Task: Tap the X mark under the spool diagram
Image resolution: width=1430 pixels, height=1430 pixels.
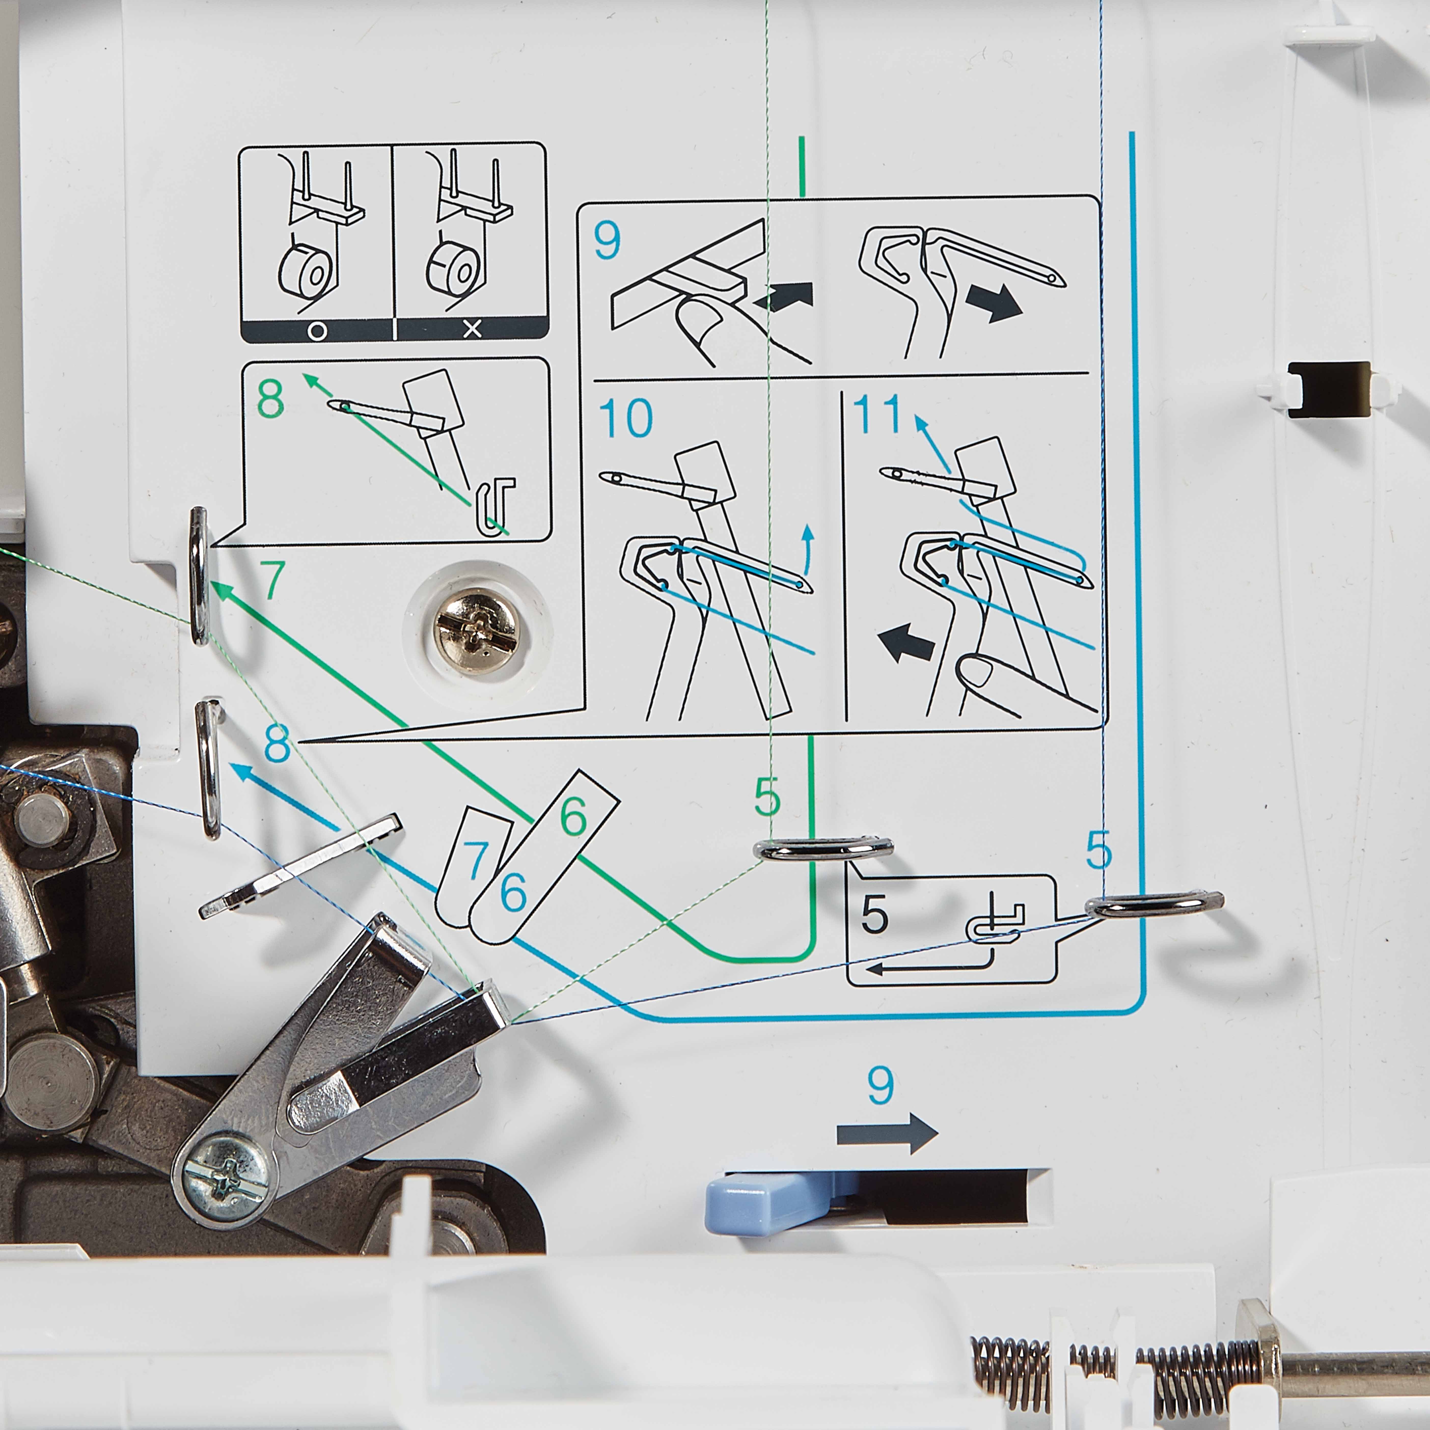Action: pos(472,330)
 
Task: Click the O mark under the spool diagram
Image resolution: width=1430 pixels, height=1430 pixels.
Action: pos(317,331)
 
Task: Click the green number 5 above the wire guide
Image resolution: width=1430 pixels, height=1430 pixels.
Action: pos(767,797)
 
